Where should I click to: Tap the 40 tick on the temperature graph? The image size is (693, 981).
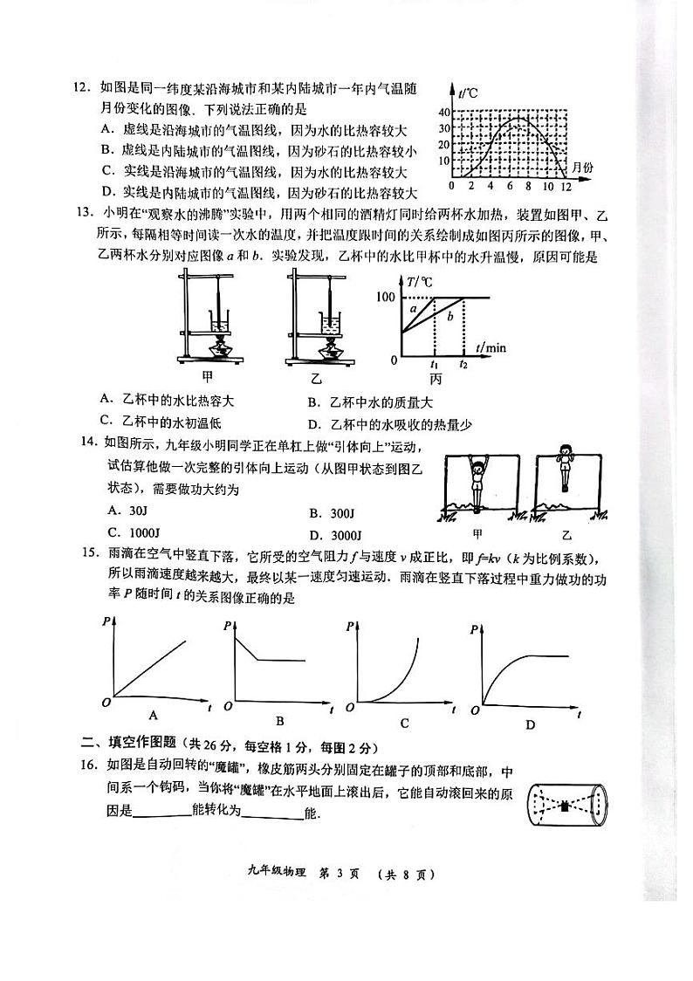tap(442, 112)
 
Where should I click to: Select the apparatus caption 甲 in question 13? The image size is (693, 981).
tap(208, 377)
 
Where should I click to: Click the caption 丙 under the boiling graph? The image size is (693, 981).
tap(436, 379)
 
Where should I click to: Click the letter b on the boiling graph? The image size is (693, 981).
tap(449, 317)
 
